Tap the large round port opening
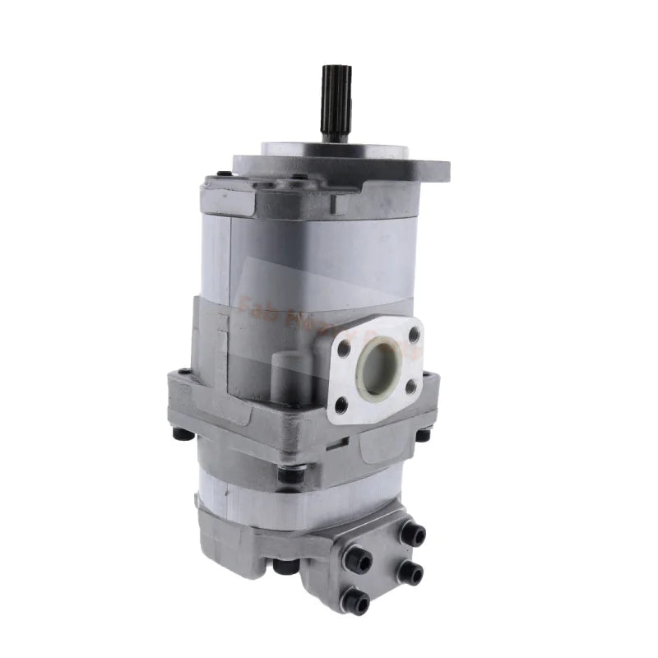(x=381, y=368)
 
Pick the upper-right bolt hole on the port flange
(x=414, y=333)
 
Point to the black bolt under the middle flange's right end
(x=423, y=434)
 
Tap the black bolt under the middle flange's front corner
(x=290, y=475)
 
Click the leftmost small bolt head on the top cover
(x=225, y=174)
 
